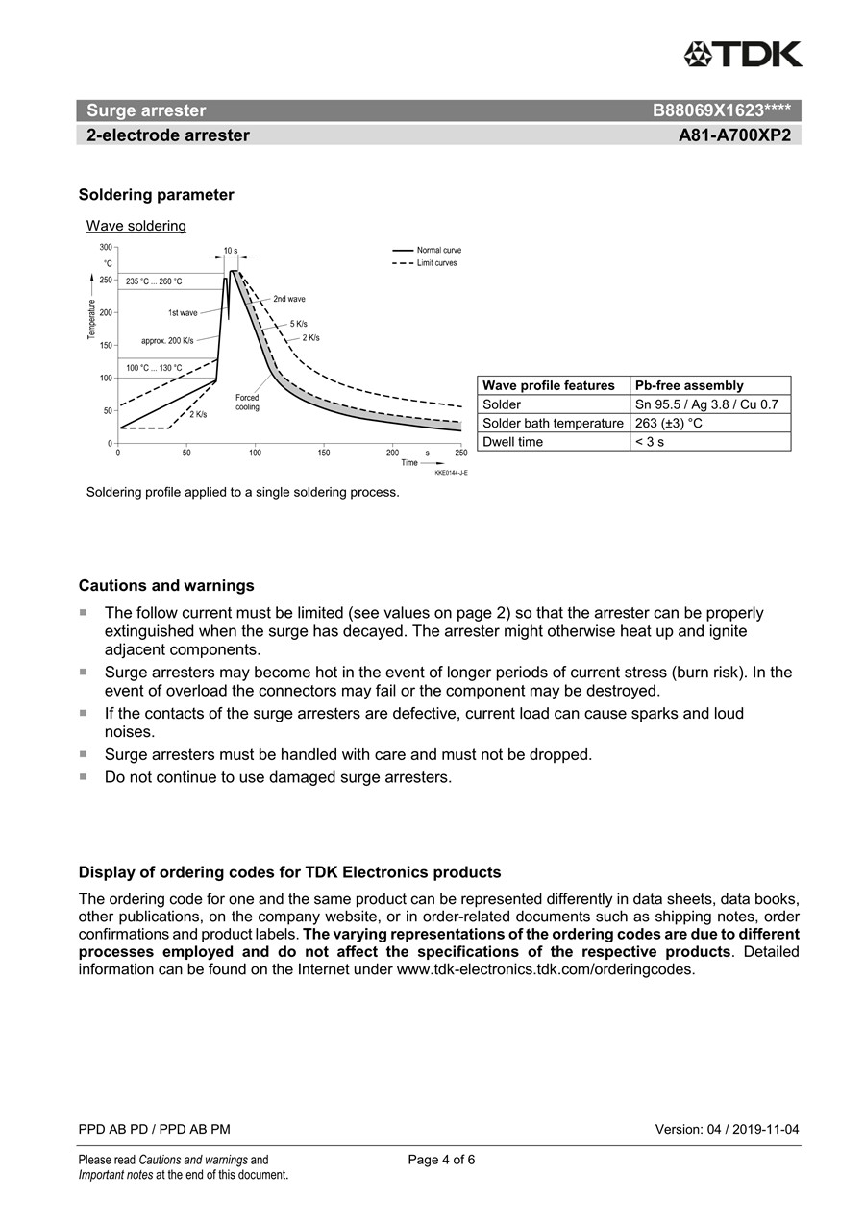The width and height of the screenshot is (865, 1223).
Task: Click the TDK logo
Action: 743,55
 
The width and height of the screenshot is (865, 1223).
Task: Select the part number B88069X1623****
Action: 721,110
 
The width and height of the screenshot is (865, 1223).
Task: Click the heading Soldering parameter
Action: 156,195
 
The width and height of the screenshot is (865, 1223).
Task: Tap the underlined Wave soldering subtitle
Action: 136,226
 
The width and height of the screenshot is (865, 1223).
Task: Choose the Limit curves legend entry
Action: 436,263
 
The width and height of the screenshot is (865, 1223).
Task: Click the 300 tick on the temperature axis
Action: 106,247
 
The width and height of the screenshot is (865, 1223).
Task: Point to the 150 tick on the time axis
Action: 324,453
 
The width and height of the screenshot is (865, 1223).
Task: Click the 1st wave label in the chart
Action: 183,313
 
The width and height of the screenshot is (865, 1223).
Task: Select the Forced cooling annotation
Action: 247,402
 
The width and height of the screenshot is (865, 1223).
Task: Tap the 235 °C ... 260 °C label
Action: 154,281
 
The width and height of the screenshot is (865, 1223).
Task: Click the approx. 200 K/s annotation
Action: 167,341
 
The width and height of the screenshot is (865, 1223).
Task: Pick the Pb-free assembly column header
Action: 689,385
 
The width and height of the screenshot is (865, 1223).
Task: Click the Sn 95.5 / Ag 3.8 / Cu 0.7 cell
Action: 706,404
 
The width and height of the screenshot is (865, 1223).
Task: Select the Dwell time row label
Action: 512,442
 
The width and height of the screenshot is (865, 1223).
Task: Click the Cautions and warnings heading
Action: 166,585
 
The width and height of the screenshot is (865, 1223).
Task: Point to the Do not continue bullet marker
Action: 83,776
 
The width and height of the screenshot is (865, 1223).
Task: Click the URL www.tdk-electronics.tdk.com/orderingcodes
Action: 544,969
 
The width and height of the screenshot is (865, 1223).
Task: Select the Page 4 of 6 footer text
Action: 441,1160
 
